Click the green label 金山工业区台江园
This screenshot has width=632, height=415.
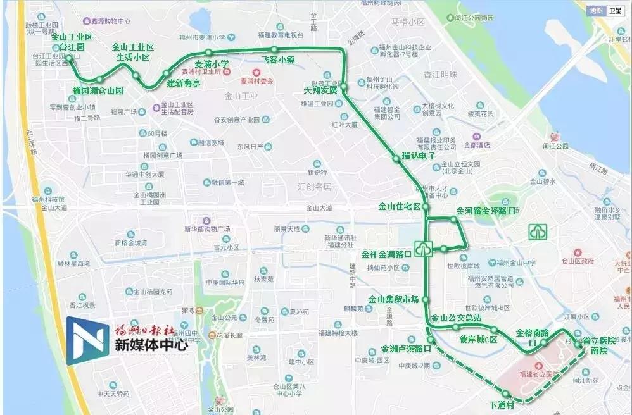72,42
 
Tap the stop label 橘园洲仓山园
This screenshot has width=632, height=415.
98,90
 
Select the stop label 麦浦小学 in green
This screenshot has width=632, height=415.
212,64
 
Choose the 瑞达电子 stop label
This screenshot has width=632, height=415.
419,156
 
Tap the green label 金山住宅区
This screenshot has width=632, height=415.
400,206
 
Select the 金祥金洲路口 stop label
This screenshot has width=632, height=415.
386,254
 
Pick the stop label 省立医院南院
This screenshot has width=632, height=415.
594,344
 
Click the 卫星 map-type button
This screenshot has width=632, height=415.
615,11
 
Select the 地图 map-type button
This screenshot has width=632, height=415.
596,11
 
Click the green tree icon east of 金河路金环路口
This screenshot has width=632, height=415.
538,232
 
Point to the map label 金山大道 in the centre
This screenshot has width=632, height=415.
319,207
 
